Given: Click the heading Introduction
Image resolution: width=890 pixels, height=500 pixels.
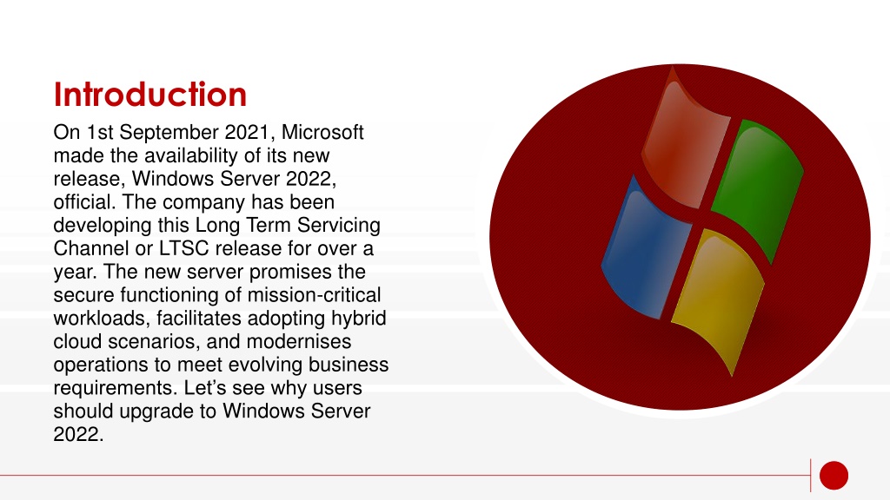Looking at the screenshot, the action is pyautogui.click(x=149, y=94).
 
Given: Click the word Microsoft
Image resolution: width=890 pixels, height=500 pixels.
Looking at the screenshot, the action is pyautogui.click(x=322, y=132).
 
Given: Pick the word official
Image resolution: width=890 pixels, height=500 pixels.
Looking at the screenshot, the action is pyautogui.click(x=84, y=201).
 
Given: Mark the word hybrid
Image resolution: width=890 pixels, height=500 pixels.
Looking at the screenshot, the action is pyautogui.click(x=359, y=318).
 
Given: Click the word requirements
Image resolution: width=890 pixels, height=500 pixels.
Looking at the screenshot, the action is pyautogui.click(x=116, y=388).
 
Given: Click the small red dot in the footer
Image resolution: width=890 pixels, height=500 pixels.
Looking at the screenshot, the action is pyautogui.click(x=834, y=475).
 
